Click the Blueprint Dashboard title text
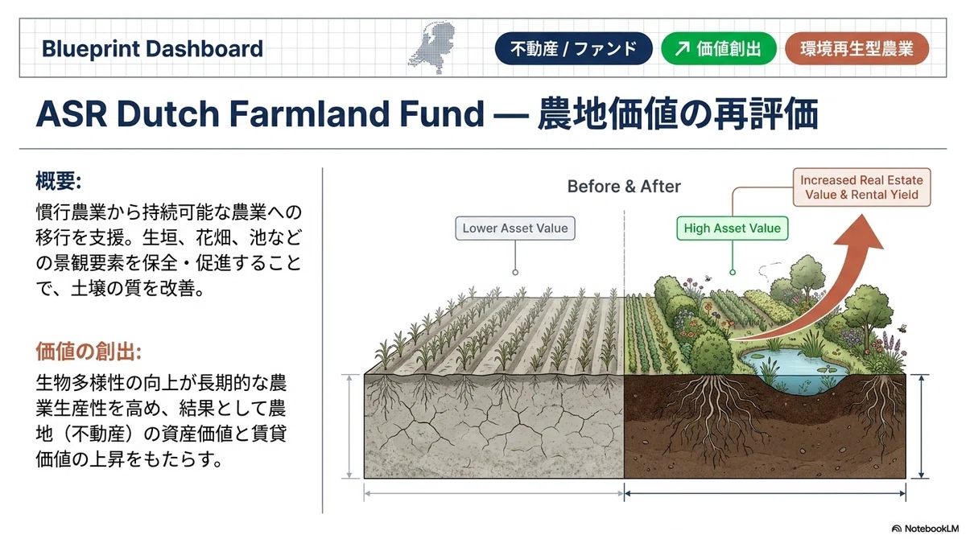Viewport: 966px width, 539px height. [152, 48]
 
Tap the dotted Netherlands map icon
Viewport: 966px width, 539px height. [432, 47]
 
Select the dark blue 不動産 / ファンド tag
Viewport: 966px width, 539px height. [573, 48]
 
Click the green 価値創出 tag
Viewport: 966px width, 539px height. [719, 48]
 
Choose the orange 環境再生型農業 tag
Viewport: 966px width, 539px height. [857, 48]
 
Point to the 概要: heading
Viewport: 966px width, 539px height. [58, 181]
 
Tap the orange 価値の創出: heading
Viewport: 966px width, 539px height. [89, 351]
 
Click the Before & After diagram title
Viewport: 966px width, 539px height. [624, 187]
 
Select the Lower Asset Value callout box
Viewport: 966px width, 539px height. [515, 228]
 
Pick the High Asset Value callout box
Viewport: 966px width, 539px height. [733, 228]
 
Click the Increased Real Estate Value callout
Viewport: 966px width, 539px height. [861, 187]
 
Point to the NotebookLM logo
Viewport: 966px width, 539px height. [925, 529]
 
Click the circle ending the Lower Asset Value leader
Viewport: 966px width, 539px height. [515, 272]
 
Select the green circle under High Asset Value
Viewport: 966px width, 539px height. [733, 272]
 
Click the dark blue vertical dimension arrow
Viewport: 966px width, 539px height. [921, 426]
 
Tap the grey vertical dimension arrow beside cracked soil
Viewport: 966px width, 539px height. [349, 426]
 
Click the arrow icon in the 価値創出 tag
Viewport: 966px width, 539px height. [682, 49]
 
